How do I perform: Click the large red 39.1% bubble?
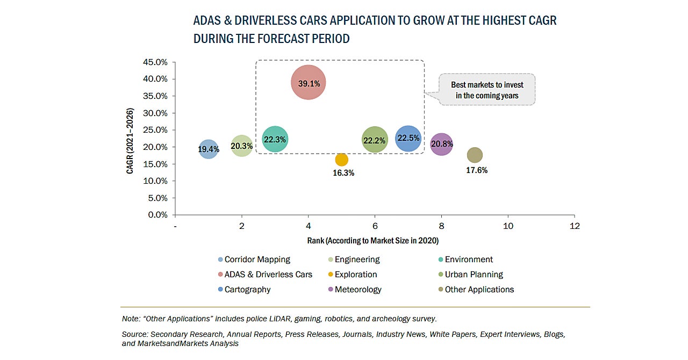[x=309, y=82]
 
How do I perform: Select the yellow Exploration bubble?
[x=341, y=160]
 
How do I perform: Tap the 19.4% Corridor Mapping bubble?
[x=209, y=148]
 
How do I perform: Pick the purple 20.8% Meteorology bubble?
[x=441, y=144]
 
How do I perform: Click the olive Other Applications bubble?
[x=475, y=155]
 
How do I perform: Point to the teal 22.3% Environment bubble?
[x=275, y=139]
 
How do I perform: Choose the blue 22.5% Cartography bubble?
[x=408, y=138]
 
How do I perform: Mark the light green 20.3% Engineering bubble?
[x=242, y=146]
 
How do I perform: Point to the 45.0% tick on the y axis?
[x=155, y=62]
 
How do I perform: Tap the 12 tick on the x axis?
[x=574, y=226]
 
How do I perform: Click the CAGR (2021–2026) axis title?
[x=130, y=141]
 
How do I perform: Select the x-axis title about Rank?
[x=372, y=240]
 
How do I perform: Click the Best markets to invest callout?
[x=487, y=90]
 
